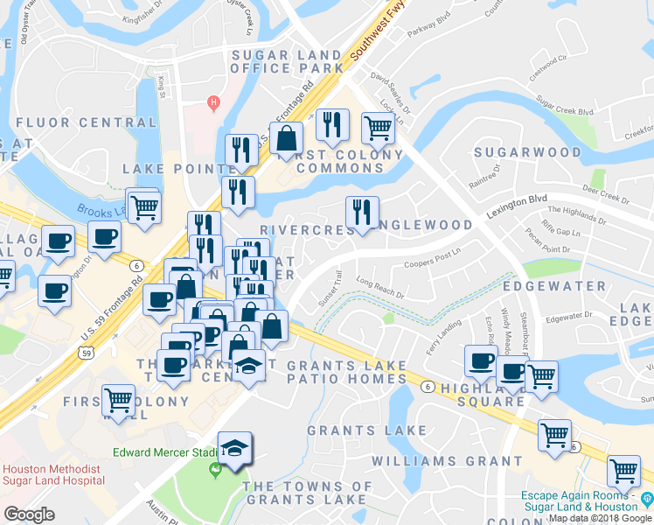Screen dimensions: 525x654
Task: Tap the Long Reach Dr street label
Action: coord(380,288)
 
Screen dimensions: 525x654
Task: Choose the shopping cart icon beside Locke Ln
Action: coord(378,128)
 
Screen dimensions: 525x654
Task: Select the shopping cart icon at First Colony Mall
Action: coord(118,400)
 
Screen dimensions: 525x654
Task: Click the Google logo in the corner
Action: coord(29,514)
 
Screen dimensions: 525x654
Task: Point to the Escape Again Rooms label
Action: coord(579,500)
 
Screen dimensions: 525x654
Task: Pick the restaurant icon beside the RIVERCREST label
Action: coord(361,212)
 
